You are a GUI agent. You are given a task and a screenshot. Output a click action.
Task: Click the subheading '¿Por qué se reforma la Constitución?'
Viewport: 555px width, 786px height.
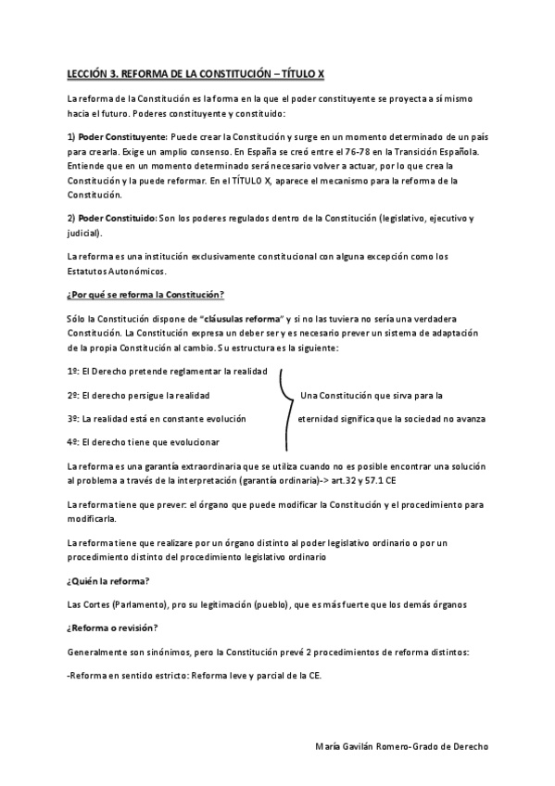click(x=145, y=295)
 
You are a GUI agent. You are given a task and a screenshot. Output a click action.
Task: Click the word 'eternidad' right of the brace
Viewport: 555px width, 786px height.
click(x=320, y=418)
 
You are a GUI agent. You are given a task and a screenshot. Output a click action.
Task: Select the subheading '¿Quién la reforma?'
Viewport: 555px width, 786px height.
click(x=109, y=581)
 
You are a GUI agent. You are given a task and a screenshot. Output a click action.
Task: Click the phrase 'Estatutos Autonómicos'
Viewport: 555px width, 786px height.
click(x=117, y=272)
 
